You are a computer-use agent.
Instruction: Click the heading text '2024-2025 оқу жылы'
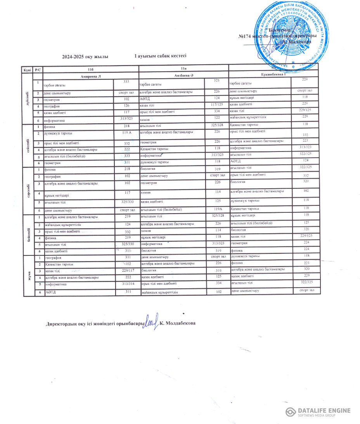pyautogui.click(x=85, y=57)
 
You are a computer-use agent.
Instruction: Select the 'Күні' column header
pyautogui.click(x=27, y=69)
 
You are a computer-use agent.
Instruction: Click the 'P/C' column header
pyautogui.click(x=38, y=69)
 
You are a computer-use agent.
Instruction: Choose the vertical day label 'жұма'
pyautogui.click(x=27, y=276)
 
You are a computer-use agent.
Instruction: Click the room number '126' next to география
pyautogui.click(x=126, y=105)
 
